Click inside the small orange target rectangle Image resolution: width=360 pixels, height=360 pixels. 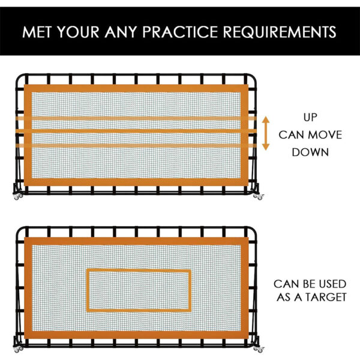139,290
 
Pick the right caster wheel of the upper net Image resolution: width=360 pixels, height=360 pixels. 259,195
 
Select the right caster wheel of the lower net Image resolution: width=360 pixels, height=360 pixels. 259,349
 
